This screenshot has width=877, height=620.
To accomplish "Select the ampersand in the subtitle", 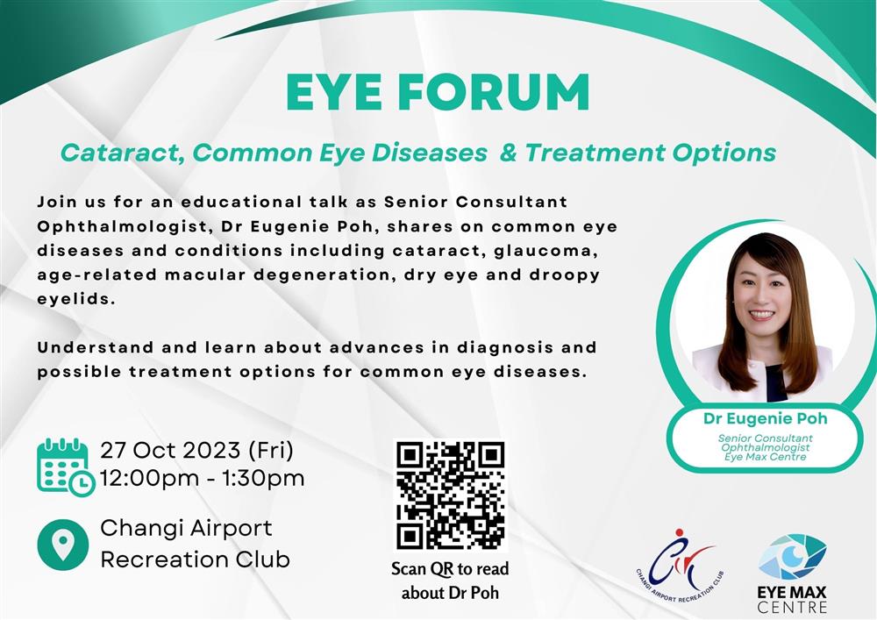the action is pyautogui.click(x=508, y=152).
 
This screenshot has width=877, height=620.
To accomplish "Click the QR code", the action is pyautogui.click(x=450, y=495).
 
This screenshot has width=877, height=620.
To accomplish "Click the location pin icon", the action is pyautogui.click(x=62, y=545).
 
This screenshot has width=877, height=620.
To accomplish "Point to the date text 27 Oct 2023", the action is pyautogui.click(x=171, y=450).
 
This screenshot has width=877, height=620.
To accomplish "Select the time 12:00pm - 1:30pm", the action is pyautogui.click(x=203, y=479).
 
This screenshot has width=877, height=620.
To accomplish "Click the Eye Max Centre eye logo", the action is pyautogui.click(x=793, y=557).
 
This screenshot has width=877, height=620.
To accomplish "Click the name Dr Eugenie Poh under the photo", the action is pyautogui.click(x=765, y=418).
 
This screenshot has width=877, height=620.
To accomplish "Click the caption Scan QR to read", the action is pyautogui.click(x=450, y=568).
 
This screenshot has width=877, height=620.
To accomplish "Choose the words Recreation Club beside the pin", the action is pyautogui.click(x=196, y=559).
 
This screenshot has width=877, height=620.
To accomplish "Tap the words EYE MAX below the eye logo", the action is pyautogui.click(x=792, y=592).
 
